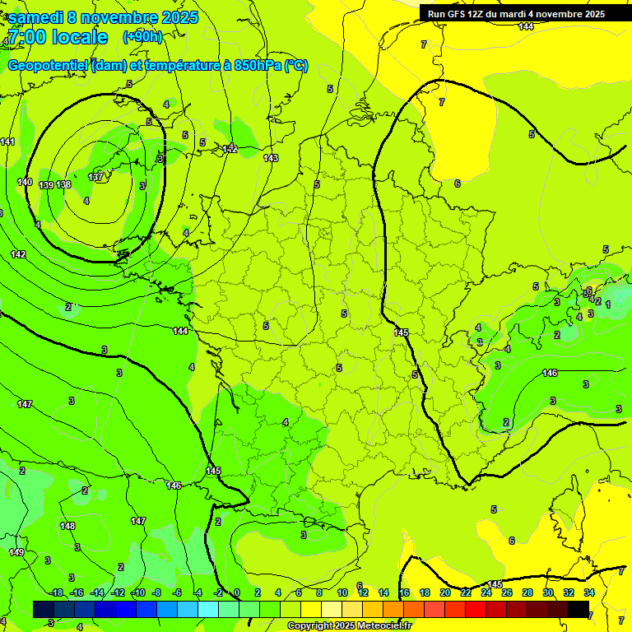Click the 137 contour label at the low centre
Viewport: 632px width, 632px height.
pyautogui.click(x=95, y=177)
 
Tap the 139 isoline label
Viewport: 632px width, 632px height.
pyautogui.click(x=46, y=185)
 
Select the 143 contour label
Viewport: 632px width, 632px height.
pyautogui.click(x=271, y=158)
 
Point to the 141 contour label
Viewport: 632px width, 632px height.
pyautogui.click(x=7, y=142)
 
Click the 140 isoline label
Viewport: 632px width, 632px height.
pyautogui.click(x=25, y=182)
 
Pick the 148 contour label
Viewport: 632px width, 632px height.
pyautogui.click(x=67, y=526)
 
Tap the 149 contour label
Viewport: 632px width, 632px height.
pyautogui.click(x=16, y=552)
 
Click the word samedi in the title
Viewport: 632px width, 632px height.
pyautogui.click(x=40, y=17)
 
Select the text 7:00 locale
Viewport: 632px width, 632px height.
pyautogui.click(x=57, y=37)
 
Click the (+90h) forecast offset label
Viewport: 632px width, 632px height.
pyautogui.click(x=142, y=36)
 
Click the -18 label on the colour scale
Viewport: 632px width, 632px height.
pyautogui.click(x=55, y=592)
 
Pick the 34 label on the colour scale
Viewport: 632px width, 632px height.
pyautogui.click(x=589, y=592)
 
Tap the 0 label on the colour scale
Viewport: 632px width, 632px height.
pyautogui.click(x=236, y=592)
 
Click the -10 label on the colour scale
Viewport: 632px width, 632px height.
pyautogui.click(x=137, y=592)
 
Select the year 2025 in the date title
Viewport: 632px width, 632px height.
pyautogui.click(x=175, y=17)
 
